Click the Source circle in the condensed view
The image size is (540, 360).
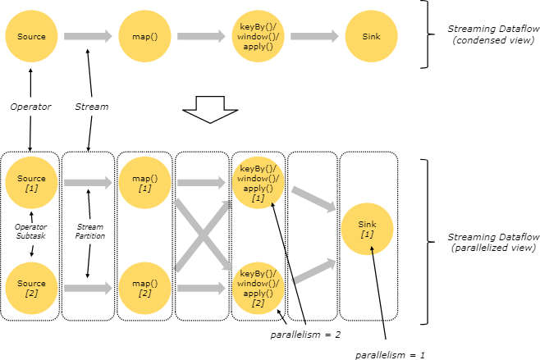[31, 36]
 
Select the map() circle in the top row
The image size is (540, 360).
[144, 36]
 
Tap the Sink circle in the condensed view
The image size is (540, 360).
[371, 36]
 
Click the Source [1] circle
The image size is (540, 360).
[31, 183]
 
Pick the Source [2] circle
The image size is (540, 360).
[31, 288]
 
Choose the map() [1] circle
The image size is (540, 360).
[144, 183]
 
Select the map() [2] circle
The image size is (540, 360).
[144, 288]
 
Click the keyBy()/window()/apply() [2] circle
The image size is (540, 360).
[258, 288]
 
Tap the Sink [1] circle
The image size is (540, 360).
[367, 229]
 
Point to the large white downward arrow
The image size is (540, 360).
[210, 109]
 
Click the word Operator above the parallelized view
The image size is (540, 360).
[30, 107]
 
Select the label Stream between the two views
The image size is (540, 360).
[92, 107]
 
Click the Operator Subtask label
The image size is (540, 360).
[30, 231]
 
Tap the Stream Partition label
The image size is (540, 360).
[90, 231]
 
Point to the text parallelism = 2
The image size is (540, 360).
[305, 335]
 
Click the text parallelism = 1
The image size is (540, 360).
[390, 355]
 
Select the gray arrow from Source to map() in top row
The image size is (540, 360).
[88, 36]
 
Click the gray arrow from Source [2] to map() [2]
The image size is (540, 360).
[88, 288]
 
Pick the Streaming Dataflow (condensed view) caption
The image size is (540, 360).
[493, 34]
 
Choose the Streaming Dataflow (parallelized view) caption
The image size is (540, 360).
[493, 242]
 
